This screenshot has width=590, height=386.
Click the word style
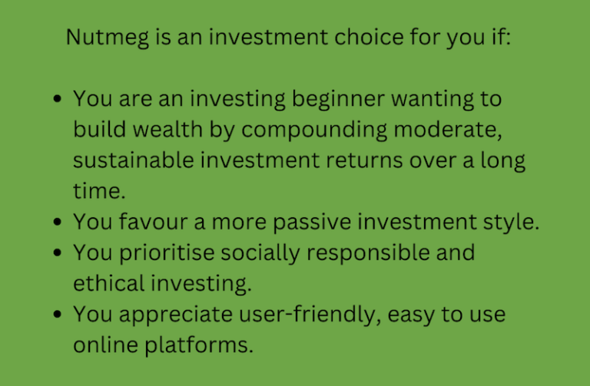click(516, 223)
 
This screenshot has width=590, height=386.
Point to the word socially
click(276, 253)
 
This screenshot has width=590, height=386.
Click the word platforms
click(203, 345)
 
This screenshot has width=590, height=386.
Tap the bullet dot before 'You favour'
click(59, 223)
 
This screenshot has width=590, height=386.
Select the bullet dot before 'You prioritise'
click(59, 254)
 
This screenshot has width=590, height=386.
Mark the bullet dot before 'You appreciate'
click(59, 315)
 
